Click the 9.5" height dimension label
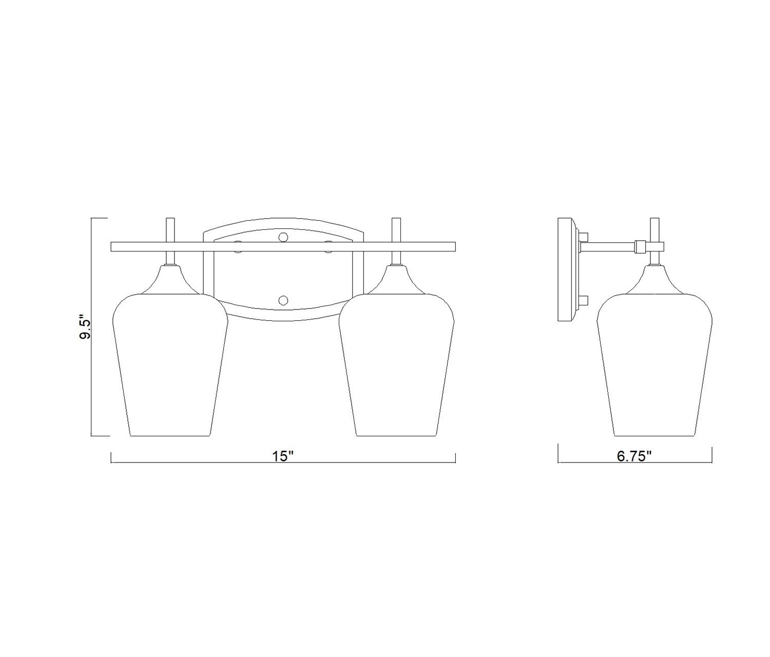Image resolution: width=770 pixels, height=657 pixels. click(85, 328)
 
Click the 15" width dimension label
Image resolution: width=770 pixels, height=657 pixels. click(283, 456)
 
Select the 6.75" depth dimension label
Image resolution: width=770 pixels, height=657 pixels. click(634, 456)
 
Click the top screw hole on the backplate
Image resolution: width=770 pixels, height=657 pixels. click(283, 237)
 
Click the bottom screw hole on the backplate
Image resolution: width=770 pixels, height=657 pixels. click(283, 300)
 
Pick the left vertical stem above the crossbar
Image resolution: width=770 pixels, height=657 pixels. click(170, 230)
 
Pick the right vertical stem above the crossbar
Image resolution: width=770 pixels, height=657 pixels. click(396, 230)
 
